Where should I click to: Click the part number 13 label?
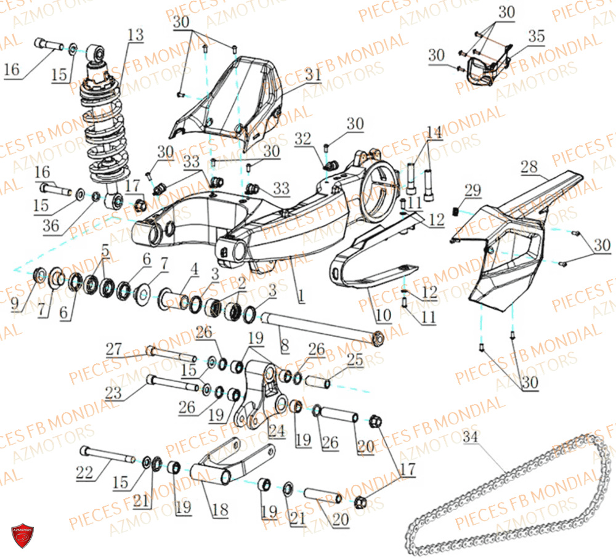pos(135,35)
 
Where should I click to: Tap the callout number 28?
pos(529,166)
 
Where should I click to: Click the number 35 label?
pos(536,36)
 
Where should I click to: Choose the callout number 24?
pos(277,432)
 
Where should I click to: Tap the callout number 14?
pos(434,132)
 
